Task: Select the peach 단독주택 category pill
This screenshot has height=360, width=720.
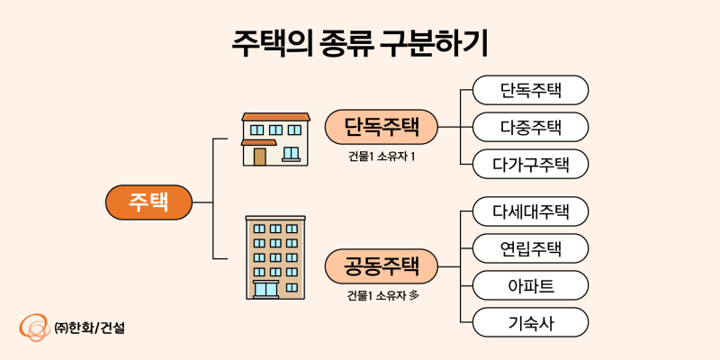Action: [x=381, y=126]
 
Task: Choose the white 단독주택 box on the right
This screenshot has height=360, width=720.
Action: [x=530, y=90]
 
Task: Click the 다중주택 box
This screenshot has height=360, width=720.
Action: [x=530, y=127]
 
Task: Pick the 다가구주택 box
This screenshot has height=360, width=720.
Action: [x=530, y=164]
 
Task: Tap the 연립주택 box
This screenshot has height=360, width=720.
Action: [x=530, y=248]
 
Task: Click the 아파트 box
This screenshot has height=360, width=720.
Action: [x=530, y=285]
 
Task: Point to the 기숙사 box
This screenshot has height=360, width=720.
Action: [x=530, y=322]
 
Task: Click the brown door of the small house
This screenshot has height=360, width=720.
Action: [x=260, y=157]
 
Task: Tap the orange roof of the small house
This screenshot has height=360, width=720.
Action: [x=275, y=117]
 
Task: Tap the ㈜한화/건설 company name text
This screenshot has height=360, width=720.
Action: [x=89, y=327]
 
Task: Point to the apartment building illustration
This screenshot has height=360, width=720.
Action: [x=275, y=257]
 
